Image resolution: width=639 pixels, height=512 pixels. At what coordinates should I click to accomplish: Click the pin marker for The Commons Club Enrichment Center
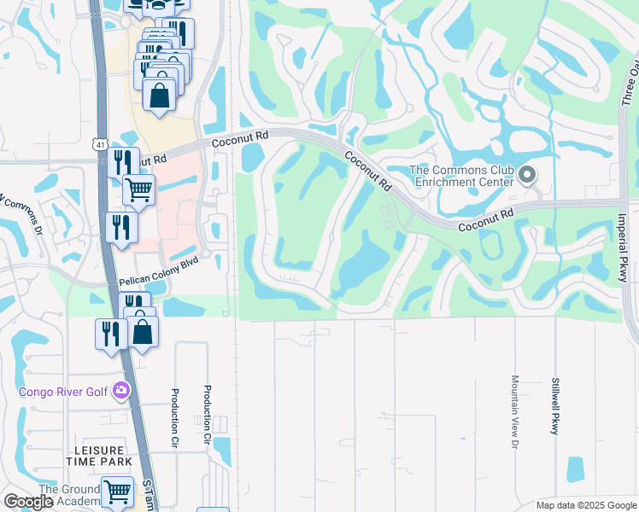(527, 176)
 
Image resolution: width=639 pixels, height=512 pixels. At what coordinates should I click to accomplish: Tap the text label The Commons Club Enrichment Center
(462, 176)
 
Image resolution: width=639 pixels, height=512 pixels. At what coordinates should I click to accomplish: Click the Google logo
(28, 502)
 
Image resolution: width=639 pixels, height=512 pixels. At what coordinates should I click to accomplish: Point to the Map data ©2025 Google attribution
(586, 504)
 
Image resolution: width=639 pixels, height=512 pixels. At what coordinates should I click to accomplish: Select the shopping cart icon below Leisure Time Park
(117, 492)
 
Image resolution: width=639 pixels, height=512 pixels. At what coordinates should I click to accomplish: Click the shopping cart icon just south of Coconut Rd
(138, 189)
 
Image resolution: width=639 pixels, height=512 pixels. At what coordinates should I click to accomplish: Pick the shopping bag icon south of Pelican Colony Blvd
(144, 330)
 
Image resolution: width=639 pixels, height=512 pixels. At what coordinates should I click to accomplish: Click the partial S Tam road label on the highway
(149, 494)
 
